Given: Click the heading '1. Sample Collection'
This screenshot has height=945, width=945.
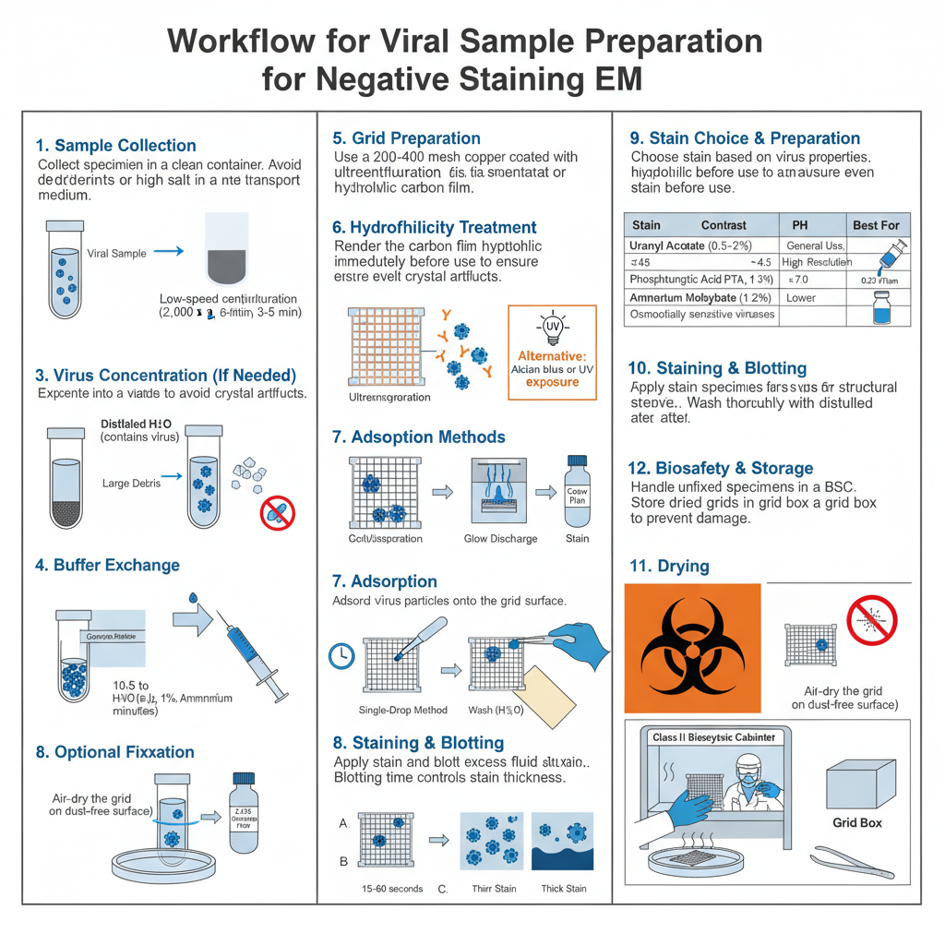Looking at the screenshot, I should coord(115,145).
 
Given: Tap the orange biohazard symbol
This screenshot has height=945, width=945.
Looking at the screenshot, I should coord(693,650).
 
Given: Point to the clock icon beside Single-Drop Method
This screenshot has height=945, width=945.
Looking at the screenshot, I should coord(341,655).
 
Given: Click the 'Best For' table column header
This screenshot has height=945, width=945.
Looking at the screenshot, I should coord(878,224).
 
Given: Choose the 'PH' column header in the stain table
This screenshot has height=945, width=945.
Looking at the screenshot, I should coord(799,224).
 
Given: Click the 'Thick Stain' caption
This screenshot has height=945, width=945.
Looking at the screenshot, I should coord(563,889).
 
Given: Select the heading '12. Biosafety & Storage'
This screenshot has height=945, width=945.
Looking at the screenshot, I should coord(721,468).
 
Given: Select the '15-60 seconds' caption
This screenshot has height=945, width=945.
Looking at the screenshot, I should coord(391,889).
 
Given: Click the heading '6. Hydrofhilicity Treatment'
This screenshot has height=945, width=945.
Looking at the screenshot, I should coord(434,227).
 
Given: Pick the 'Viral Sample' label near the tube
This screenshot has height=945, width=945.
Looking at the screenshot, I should coord(116,253).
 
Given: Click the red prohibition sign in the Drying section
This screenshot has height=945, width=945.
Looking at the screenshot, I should coord(871,619).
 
